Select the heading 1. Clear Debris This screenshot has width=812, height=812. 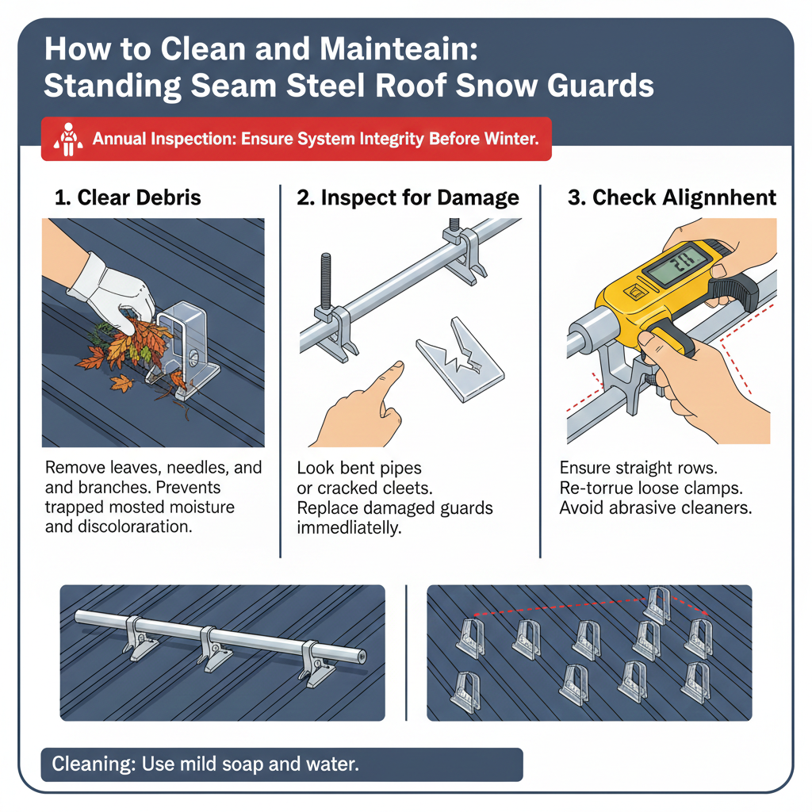[x=127, y=198]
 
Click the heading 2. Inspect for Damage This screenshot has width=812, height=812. [x=408, y=198]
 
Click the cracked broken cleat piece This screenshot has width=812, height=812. [x=461, y=357]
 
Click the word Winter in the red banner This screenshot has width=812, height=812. [x=511, y=140]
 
